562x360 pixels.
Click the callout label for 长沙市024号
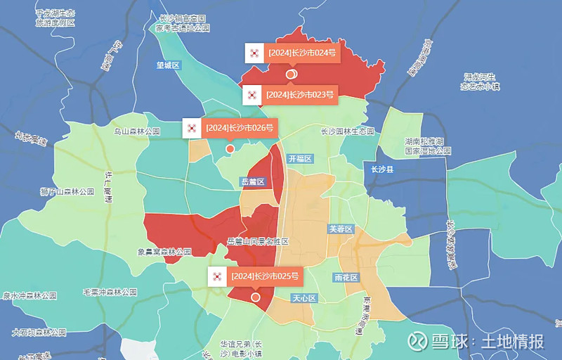(x=302, y=53)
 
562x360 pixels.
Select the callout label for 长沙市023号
(x=300, y=94)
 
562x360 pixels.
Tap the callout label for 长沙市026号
(x=240, y=128)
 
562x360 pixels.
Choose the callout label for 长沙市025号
(x=265, y=276)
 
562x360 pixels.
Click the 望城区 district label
(x=169, y=65)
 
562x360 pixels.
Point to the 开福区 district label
(x=299, y=159)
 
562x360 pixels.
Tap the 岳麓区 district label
(x=253, y=181)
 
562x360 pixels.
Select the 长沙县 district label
(x=383, y=169)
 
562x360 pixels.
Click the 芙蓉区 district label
(x=341, y=229)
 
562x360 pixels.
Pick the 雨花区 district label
(x=347, y=278)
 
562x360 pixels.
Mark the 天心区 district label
(x=305, y=298)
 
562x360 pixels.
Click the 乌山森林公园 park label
(x=138, y=131)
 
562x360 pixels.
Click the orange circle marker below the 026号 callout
(x=230, y=149)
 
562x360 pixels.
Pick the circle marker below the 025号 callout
(x=256, y=297)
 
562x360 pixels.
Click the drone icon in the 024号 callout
(x=254, y=53)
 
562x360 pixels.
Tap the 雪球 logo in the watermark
(x=419, y=341)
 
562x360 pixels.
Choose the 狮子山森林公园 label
(x=67, y=191)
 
